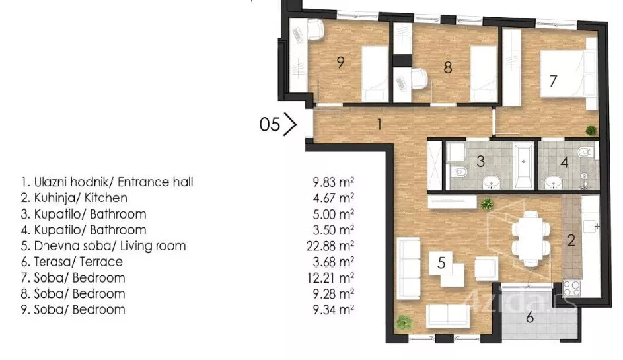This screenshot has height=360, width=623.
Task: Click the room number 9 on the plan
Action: pyautogui.click(x=340, y=62)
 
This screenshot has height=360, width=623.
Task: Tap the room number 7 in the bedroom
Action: pyautogui.click(x=553, y=81)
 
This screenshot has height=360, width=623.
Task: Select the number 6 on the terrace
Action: pyautogui.click(x=530, y=318)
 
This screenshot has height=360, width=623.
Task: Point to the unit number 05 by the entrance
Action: pyautogui.click(x=270, y=124)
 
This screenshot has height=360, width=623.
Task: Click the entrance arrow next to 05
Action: pyautogui.click(x=291, y=124)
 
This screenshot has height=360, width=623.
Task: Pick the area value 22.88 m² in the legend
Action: pyautogui.click(x=330, y=246)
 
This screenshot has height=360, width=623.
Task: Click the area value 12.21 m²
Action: pyautogui.click(x=330, y=277)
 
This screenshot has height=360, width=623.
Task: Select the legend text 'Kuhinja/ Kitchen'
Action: pyautogui.click(x=81, y=198)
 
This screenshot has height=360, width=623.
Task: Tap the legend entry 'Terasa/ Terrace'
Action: pyautogui.click(x=78, y=262)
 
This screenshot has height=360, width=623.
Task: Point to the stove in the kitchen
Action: pyautogui.click(x=572, y=289)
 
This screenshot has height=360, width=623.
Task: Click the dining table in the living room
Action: pyautogui.click(x=531, y=238)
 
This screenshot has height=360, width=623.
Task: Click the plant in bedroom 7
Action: pyautogui.click(x=591, y=130)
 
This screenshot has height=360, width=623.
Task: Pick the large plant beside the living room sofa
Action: pyautogui.click(x=404, y=322)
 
